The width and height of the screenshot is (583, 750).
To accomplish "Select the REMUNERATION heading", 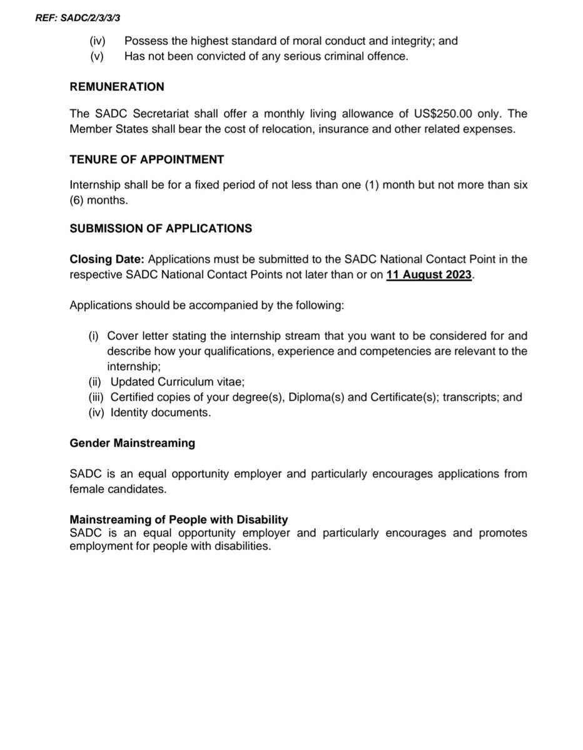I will pyautogui.click(x=117, y=87).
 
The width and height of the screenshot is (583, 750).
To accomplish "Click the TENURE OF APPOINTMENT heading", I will pyautogui.click(x=146, y=159).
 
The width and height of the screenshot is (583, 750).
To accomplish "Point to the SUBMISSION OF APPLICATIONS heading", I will pyautogui.click(x=161, y=228).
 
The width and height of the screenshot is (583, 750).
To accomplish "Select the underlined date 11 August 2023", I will pyautogui.click(x=428, y=275).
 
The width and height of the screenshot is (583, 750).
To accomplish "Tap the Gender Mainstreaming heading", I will pyautogui.click(x=132, y=443).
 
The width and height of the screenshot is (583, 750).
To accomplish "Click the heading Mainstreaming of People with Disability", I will pyautogui.click(x=178, y=520).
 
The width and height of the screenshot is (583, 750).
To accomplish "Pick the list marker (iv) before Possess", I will pyautogui.click(x=98, y=41).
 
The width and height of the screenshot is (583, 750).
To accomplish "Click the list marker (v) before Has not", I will pyautogui.click(x=97, y=56).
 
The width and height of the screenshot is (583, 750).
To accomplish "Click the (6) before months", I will pyautogui.click(x=79, y=201).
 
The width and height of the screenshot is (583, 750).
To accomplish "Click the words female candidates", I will pyautogui.click(x=118, y=489).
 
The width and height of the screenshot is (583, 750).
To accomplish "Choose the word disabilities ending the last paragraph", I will pyautogui.click(x=243, y=546).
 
